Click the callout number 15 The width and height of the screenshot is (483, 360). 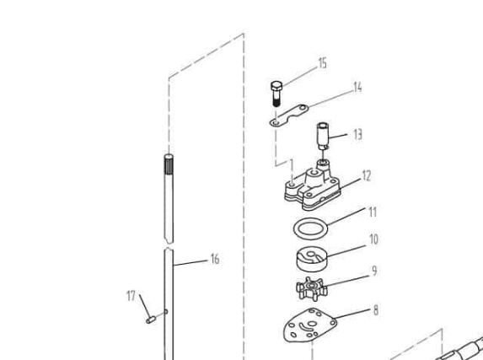point(322,63)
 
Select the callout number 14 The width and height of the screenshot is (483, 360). point(357,88)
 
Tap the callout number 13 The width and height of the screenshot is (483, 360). point(357,135)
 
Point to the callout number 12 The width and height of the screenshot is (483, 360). point(367,175)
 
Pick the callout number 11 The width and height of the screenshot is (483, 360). point(373,212)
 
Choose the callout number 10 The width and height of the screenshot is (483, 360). point(373,239)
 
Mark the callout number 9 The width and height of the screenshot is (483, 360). point(374,271)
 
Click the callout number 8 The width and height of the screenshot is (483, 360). point(376,310)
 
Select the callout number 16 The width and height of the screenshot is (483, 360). point(215,259)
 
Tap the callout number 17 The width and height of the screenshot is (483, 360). point(131,296)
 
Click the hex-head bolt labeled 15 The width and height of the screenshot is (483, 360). point(276,94)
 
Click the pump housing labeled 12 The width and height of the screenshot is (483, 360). point(313,188)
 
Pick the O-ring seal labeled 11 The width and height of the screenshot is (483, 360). point(310,228)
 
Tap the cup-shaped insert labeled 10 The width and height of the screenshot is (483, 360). point(312,259)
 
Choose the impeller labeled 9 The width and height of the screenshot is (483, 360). point(311,289)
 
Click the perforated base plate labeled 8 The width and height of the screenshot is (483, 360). point(310,325)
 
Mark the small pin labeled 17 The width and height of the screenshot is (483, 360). point(150,320)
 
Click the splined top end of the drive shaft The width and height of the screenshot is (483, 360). point(169,164)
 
